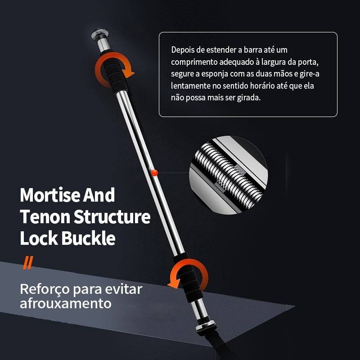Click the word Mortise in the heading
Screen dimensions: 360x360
coord(50,195)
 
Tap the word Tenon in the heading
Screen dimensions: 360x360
coord(45,217)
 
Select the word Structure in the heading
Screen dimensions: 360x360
coord(112,217)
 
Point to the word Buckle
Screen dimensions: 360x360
coord(88,238)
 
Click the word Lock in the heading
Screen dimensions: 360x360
coord(39,238)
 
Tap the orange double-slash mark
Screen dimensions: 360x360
coord(28,262)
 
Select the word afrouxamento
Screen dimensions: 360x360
coord(66,303)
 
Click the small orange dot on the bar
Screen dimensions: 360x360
coord(154,173)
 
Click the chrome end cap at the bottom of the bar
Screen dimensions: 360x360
coord(206,325)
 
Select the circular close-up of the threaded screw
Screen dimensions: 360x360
coord(228,175)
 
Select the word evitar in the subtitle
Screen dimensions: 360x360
coord(124,289)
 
